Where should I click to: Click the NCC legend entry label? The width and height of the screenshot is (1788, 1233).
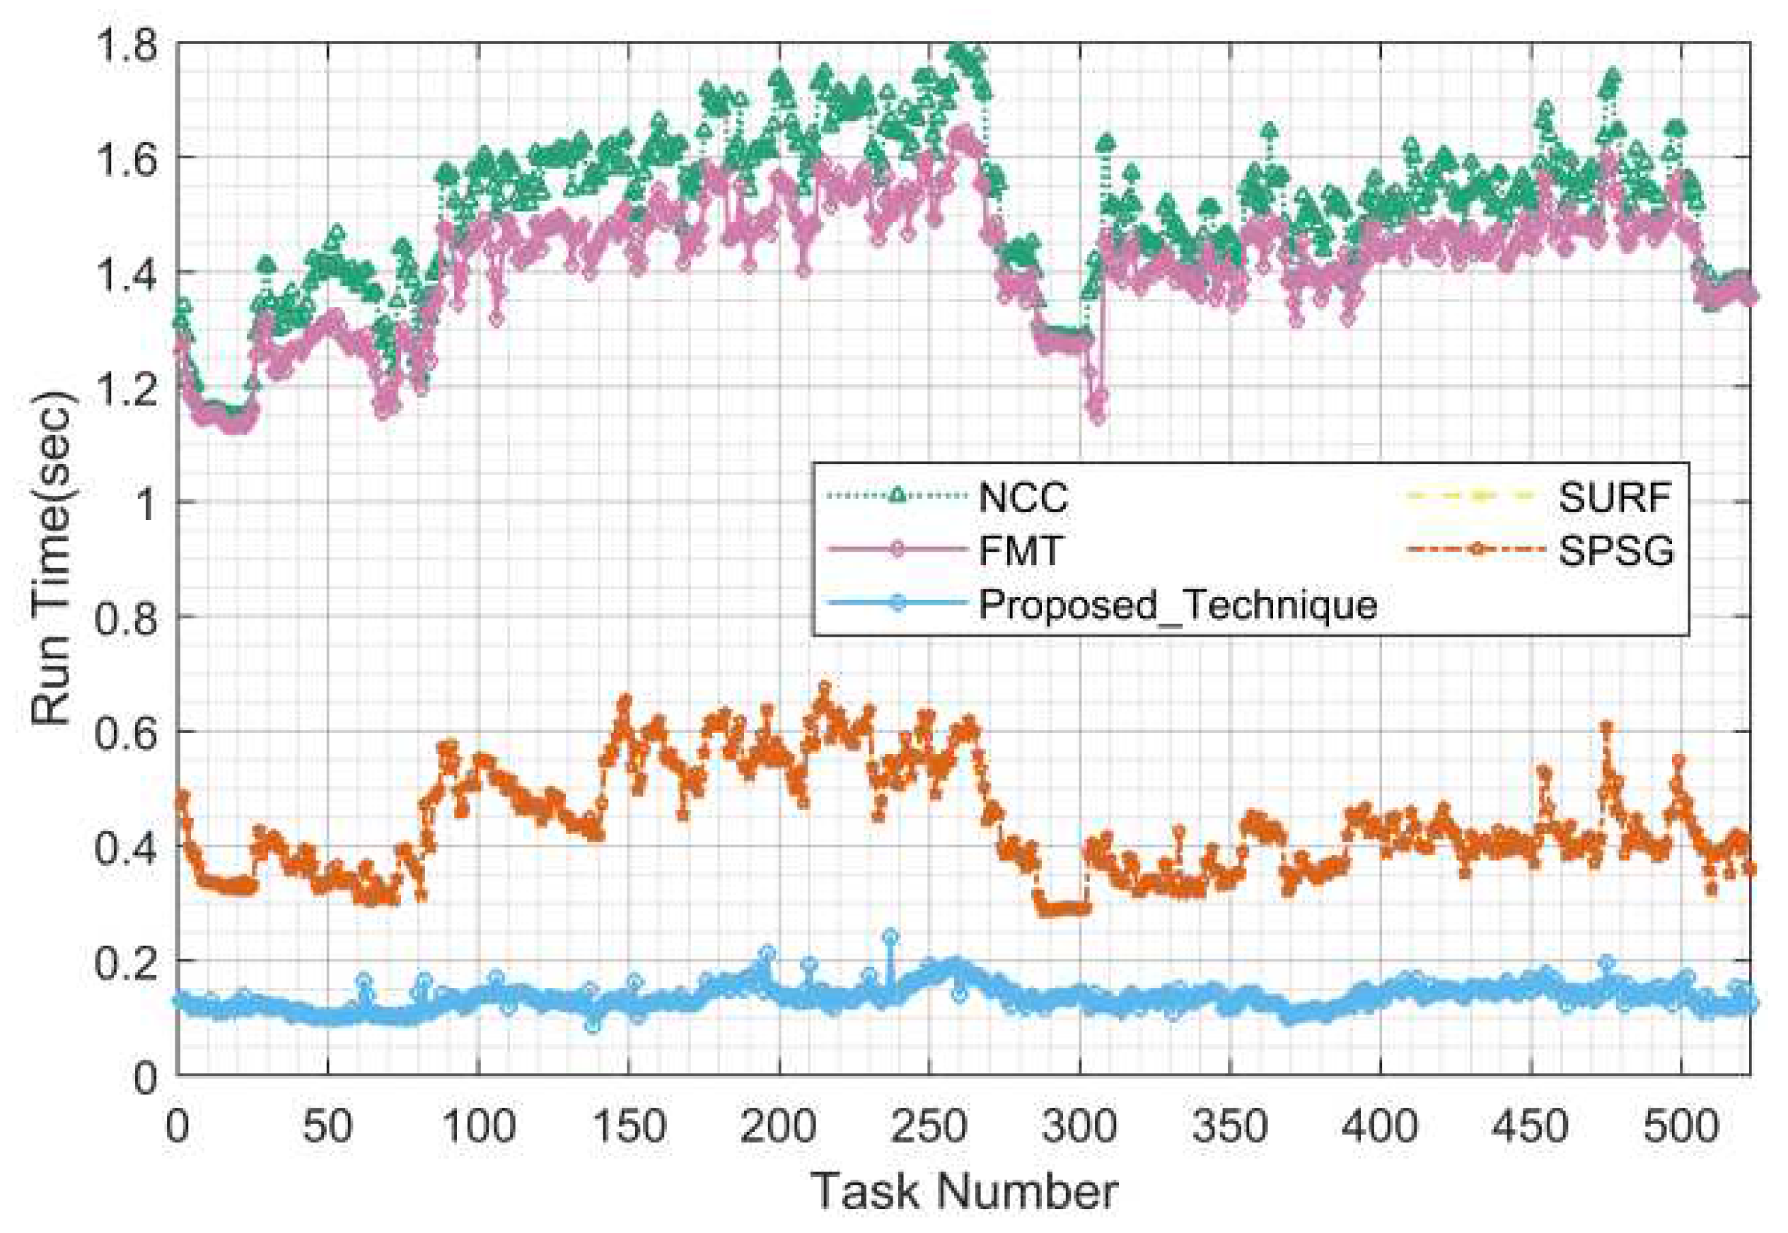pos(1023,497)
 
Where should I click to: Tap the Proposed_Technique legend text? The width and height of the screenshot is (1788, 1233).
pos(1177,605)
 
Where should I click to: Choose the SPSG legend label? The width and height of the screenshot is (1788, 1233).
pos(1615,552)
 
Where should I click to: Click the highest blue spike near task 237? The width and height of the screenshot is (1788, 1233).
pos(890,937)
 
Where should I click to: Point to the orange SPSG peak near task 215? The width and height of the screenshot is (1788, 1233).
pos(824,687)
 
